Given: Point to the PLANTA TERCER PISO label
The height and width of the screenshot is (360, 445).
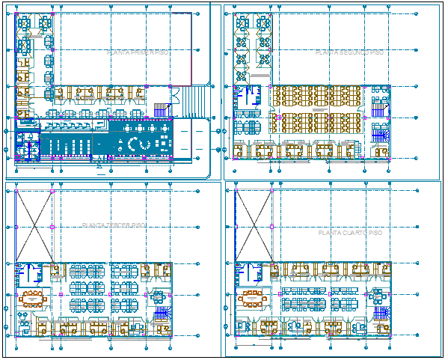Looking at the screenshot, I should point(114,225).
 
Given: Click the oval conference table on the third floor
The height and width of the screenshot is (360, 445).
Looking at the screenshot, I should point(32,299).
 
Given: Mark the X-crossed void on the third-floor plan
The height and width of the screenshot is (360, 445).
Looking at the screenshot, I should point(34,225).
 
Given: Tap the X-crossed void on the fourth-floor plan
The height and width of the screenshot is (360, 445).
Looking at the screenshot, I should point(253,225).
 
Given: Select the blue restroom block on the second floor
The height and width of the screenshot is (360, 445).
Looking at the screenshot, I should point(245,98).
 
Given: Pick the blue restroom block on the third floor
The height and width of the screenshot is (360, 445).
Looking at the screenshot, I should point(32,272).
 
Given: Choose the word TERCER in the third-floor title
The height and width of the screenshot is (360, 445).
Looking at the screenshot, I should point(116,225).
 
